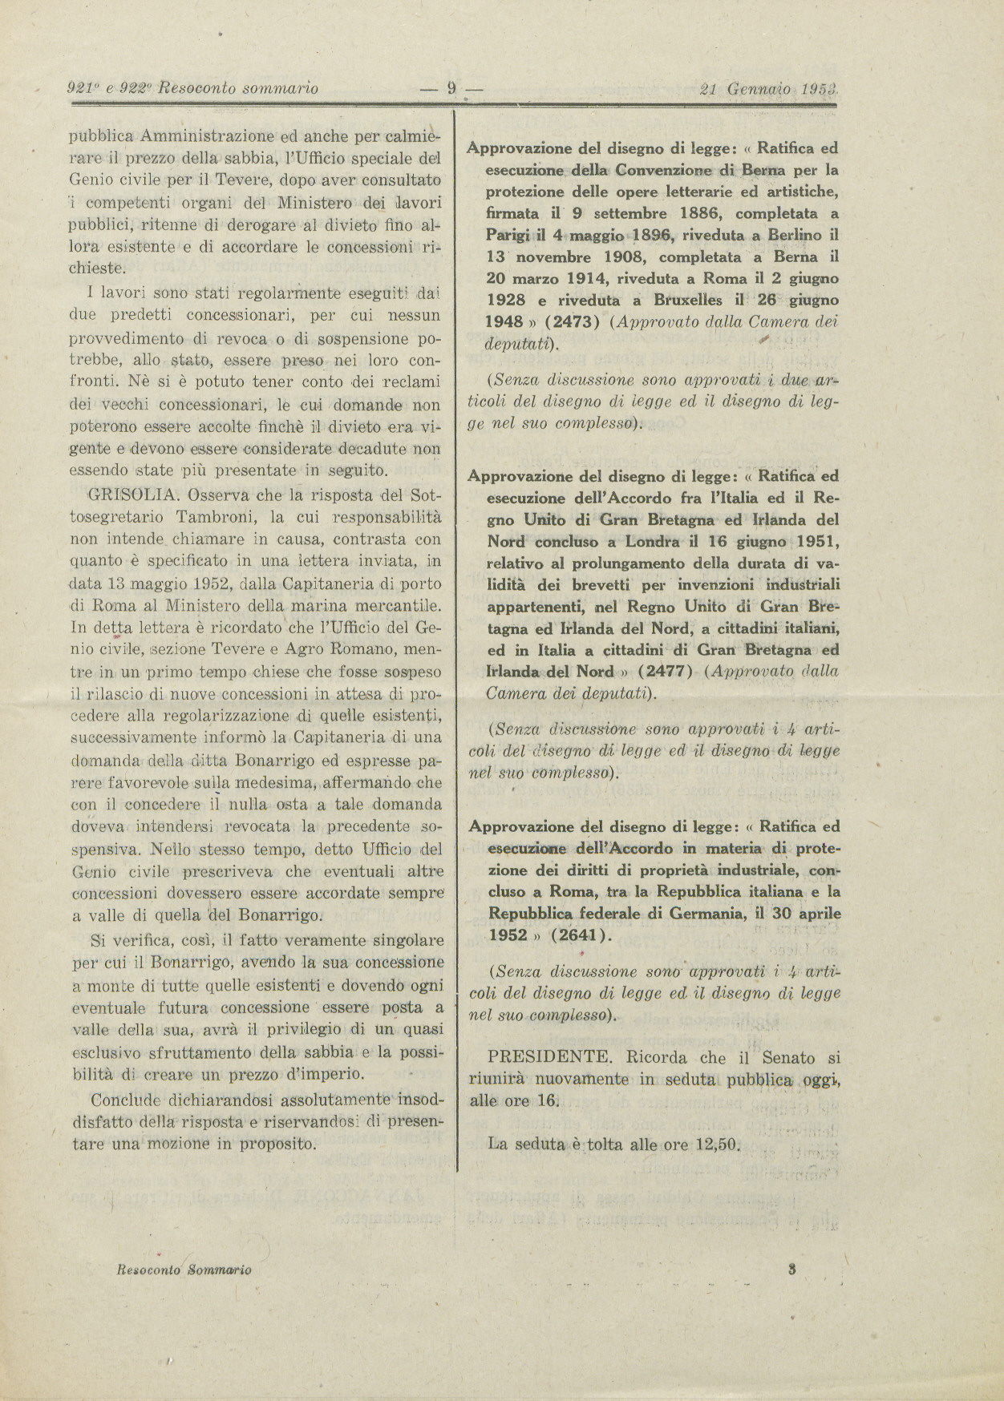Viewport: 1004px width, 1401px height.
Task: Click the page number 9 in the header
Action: coord(451,89)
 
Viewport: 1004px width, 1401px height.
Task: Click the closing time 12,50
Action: coord(717,1145)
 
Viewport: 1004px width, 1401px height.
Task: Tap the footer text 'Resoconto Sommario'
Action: coord(184,1270)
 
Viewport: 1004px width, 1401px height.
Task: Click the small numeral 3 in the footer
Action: coord(791,1269)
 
